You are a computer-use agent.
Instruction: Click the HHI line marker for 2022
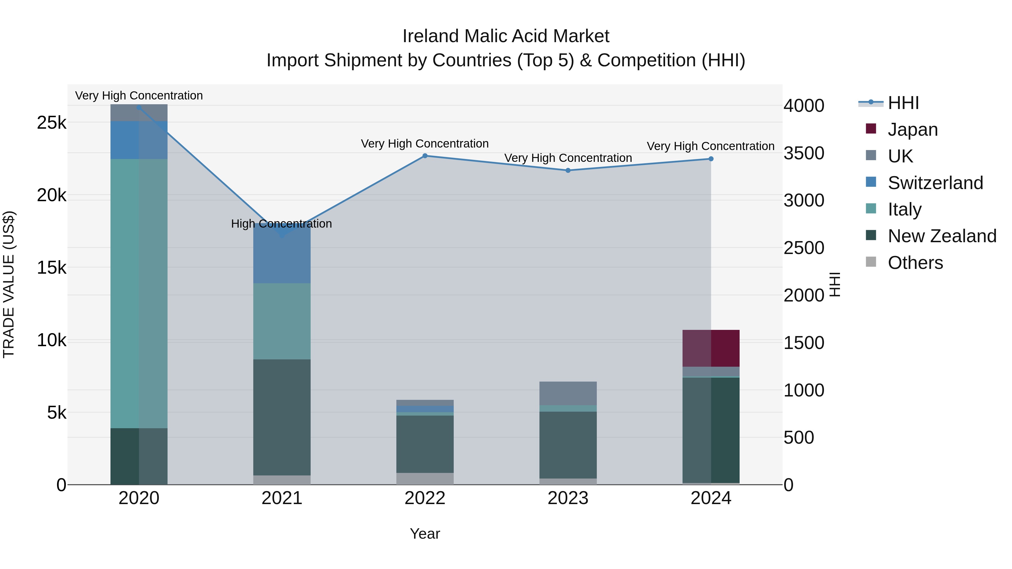click(425, 156)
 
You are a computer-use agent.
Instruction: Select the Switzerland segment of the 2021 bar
click(282, 254)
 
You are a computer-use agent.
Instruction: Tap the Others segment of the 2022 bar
click(425, 479)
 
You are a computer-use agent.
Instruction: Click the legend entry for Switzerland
click(935, 183)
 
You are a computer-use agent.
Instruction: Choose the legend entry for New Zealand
click(942, 236)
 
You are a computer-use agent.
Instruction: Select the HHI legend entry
click(903, 103)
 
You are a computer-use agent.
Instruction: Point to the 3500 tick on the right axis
click(804, 153)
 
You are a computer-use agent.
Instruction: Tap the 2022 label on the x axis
click(425, 498)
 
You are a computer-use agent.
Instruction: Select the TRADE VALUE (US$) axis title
click(9, 284)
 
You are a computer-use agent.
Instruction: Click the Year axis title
click(425, 534)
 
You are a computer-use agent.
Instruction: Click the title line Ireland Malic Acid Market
click(506, 36)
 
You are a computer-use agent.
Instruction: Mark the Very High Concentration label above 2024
click(710, 146)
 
